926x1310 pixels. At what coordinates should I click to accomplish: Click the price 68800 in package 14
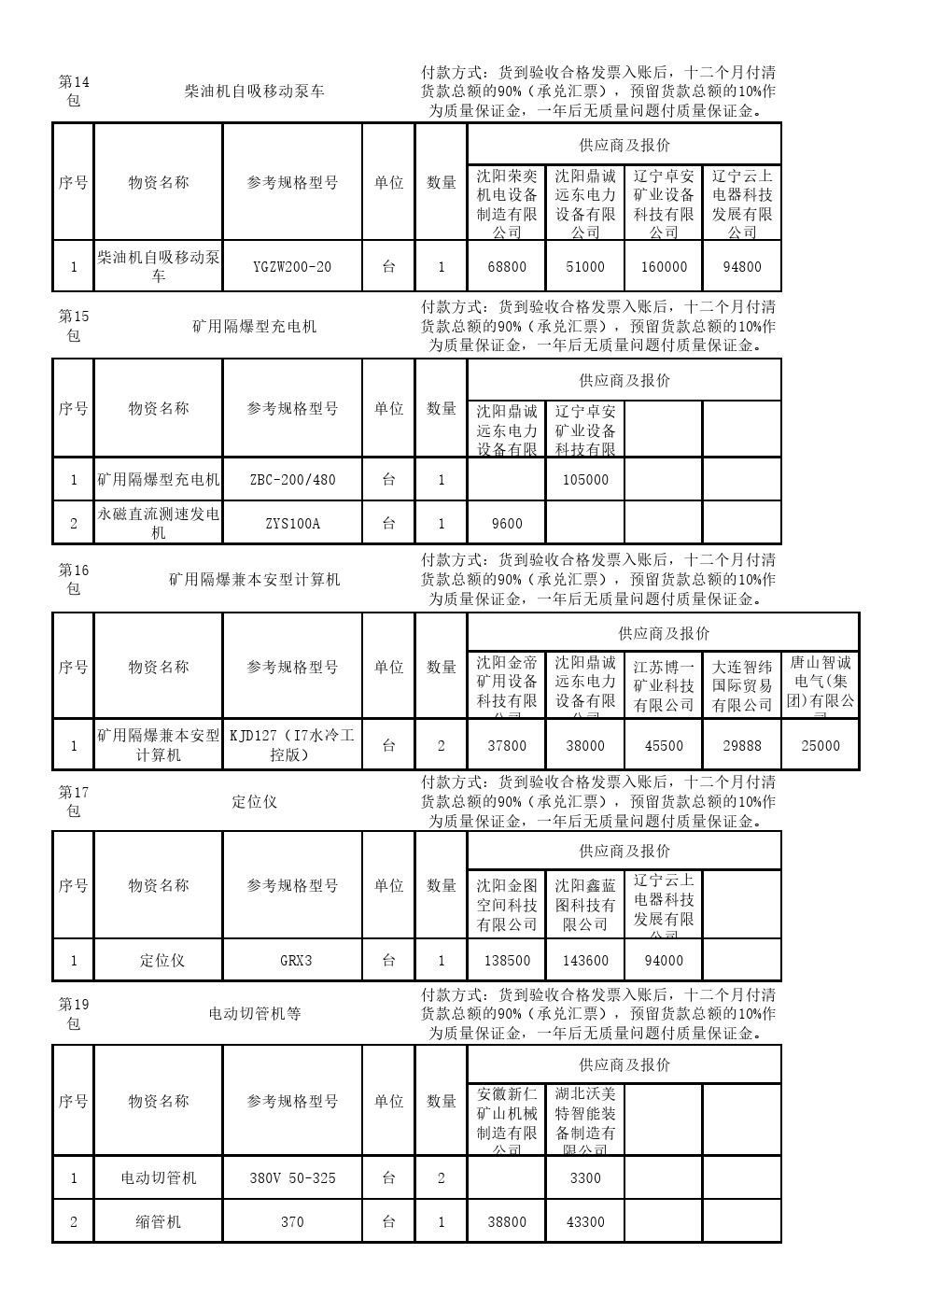pyautogui.click(x=507, y=267)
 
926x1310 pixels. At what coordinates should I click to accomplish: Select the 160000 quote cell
pyautogui.click(x=664, y=267)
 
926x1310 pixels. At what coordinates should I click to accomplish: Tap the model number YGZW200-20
pyautogui.click(x=292, y=267)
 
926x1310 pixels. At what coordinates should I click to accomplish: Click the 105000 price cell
pyautogui.click(x=585, y=480)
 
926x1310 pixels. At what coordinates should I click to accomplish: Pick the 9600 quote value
pyautogui.click(x=507, y=524)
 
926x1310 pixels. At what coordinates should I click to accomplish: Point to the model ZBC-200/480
pyautogui.click(x=292, y=480)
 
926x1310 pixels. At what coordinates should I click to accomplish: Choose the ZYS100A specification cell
pyautogui.click(x=292, y=524)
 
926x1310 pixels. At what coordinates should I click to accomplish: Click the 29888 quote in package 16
pyautogui.click(x=742, y=746)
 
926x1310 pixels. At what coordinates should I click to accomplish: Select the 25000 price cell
pyautogui.click(x=821, y=746)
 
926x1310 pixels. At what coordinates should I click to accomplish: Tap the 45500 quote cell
pyautogui.click(x=664, y=746)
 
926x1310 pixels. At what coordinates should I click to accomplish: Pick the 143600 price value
pyautogui.click(x=585, y=961)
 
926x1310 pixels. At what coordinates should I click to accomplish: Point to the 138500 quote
pyautogui.click(x=507, y=961)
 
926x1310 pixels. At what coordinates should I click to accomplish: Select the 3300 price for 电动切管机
pyautogui.click(x=585, y=1178)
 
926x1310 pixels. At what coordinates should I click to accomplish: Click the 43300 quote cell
pyautogui.click(x=585, y=1222)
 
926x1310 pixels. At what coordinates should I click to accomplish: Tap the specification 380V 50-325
pyautogui.click(x=292, y=1178)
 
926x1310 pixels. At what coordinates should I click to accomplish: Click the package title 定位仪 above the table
pyautogui.click(x=254, y=802)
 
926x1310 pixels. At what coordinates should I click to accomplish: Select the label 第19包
pyautogui.click(x=74, y=1014)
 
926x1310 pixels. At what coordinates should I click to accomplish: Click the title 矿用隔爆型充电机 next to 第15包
pyautogui.click(x=254, y=327)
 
